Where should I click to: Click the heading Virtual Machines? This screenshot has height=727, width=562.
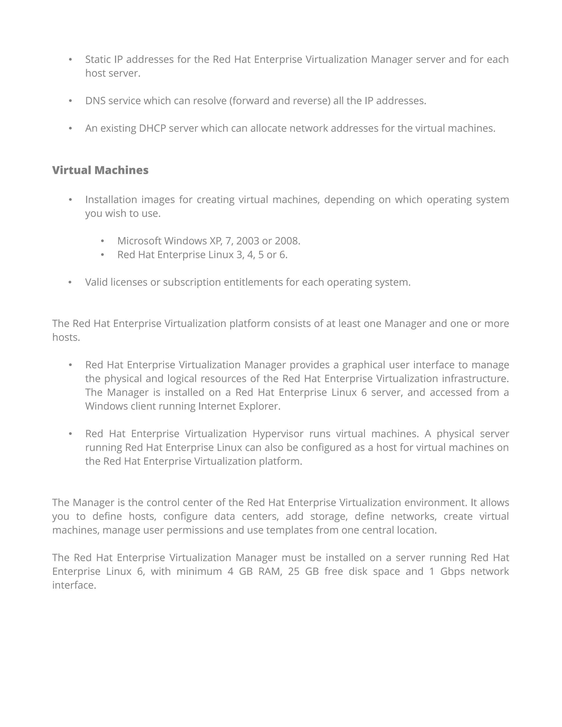pyautogui.click(x=100, y=170)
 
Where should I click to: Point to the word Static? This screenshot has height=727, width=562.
pyautogui.click(x=98, y=59)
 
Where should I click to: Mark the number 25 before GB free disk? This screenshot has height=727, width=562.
pyautogui.click(x=294, y=571)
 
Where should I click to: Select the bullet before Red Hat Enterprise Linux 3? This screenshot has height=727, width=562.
pyautogui.click(x=103, y=255)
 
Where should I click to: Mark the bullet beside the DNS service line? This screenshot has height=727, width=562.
pyautogui.click(x=70, y=100)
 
